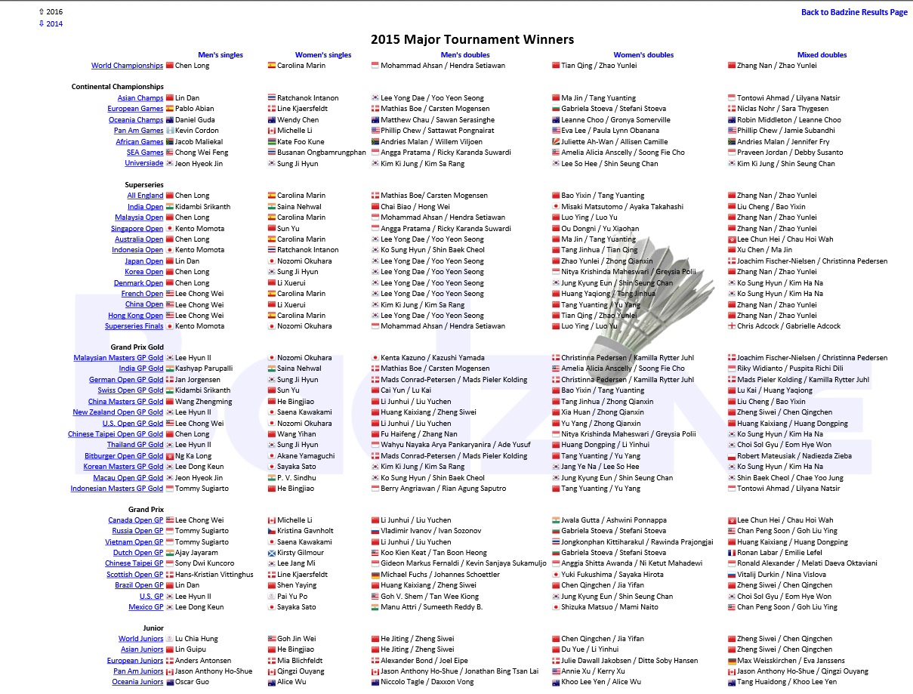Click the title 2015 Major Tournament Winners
pyautogui.click(x=472, y=40)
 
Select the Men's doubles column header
pyautogui.click(x=464, y=55)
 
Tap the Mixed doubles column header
pyautogui.click(x=822, y=55)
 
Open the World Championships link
pyautogui.click(x=127, y=66)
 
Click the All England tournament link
pyautogui.click(x=145, y=196)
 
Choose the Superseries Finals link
pyautogui.click(x=134, y=326)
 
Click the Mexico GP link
pyautogui.click(x=146, y=607)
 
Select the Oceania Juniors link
pyautogui.click(x=137, y=682)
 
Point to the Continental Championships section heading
pyautogui.click(x=117, y=87)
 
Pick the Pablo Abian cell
pyautogui.click(x=194, y=109)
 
